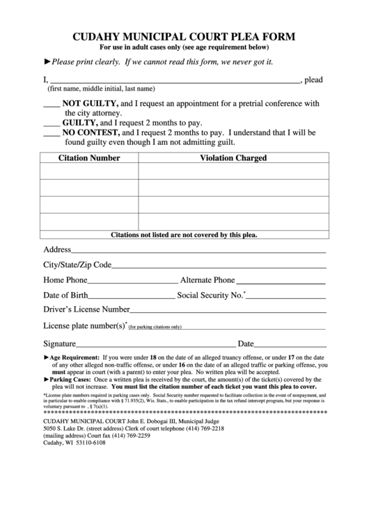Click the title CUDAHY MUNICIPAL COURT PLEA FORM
[184, 36]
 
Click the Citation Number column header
[89, 158]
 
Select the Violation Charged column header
[233, 158]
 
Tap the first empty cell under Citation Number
[89, 171]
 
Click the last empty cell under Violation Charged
[233, 222]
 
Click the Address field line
[198, 251]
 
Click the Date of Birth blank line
[132, 297]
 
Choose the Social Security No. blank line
[286, 297]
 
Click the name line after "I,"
[174, 82]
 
